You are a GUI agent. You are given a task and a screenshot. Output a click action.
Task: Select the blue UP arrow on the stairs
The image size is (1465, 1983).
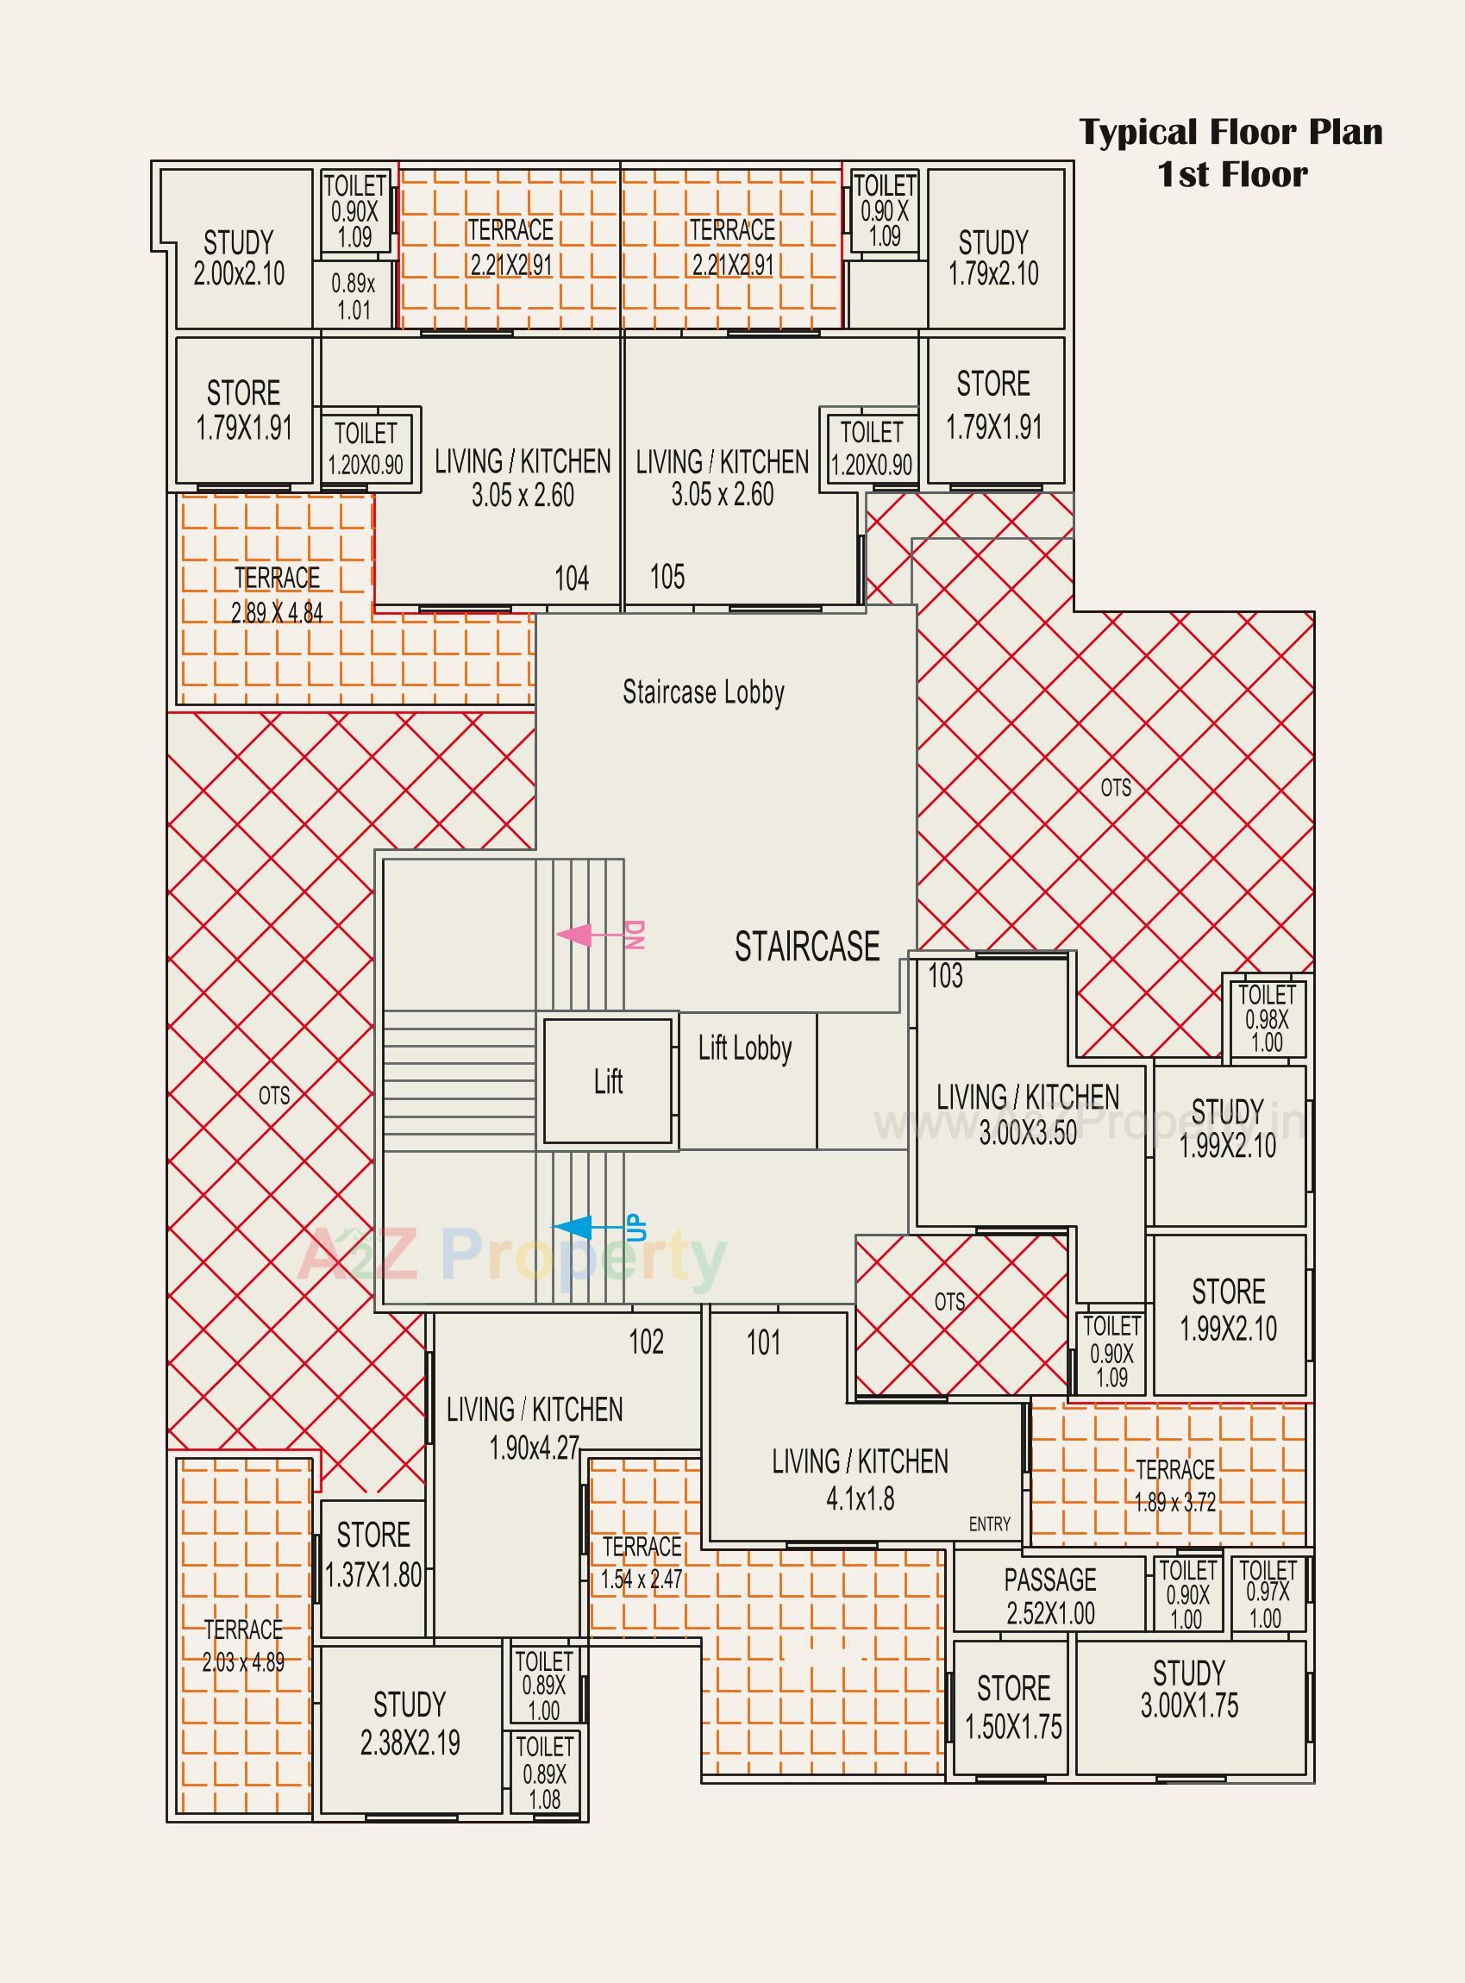(x=572, y=1227)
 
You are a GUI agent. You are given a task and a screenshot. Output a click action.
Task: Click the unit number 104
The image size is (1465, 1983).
(x=571, y=579)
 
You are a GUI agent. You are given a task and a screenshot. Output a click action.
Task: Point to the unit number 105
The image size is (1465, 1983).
(x=667, y=577)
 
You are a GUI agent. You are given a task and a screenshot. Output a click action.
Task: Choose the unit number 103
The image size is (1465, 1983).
(x=945, y=976)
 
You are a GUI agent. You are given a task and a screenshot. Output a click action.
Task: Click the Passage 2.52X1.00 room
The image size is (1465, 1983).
(x=1050, y=1596)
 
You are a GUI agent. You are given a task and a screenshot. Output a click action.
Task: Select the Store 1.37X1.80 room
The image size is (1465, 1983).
(x=373, y=1554)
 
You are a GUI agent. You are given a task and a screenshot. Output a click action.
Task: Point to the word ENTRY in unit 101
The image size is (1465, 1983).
(x=990, y=1523)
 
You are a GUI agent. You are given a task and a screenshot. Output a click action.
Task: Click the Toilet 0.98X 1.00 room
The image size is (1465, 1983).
(x=1267, y=1017)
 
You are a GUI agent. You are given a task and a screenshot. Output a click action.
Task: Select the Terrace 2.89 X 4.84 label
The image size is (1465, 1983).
(x=277, y=595)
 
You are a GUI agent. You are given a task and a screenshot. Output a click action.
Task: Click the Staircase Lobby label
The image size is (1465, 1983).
(x=704, y=692)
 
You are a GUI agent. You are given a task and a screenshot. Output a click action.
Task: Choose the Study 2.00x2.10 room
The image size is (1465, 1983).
(x=239, y=258)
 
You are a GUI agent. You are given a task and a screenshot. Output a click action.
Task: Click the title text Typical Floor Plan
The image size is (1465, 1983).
(x=1230, y=133)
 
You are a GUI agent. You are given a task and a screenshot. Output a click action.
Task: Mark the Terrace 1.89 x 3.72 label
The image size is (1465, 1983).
(x=1175, y=1486)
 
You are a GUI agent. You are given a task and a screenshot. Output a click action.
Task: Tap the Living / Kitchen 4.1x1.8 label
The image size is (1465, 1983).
(x=860, y=1479)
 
